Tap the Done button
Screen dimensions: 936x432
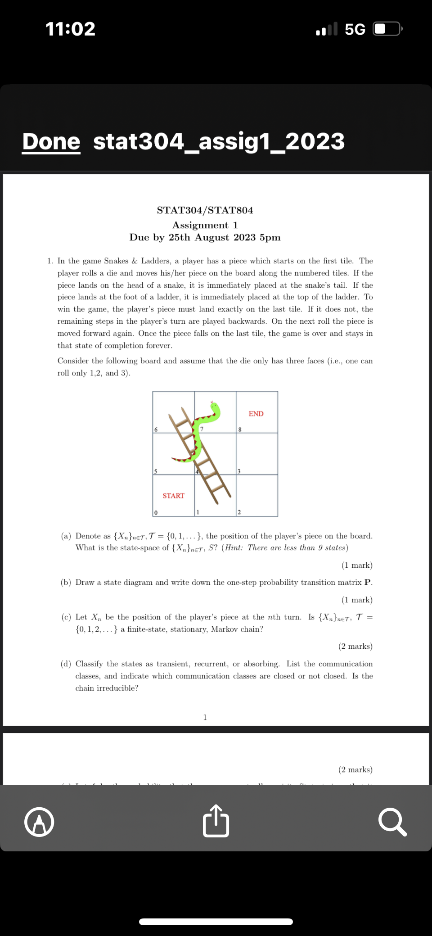[51, 141]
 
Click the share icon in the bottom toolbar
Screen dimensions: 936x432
[216, 821]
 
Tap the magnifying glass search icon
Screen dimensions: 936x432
[392, 822]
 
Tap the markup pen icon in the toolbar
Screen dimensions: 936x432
[40, 822]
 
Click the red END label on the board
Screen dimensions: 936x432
[256, 414]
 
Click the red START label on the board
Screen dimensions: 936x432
[173, 496]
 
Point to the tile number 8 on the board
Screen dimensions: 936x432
[240, 430]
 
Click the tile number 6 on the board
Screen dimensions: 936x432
[156, 430]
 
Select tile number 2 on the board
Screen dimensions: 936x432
[239, 512]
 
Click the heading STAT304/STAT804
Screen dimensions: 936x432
[205, 210]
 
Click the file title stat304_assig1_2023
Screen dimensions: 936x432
[219, 141]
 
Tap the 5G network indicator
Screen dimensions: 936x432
[355, 29]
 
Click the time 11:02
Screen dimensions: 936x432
[71, 29]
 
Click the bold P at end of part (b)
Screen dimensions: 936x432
[368, 583]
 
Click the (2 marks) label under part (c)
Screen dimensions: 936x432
[355, 647]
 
